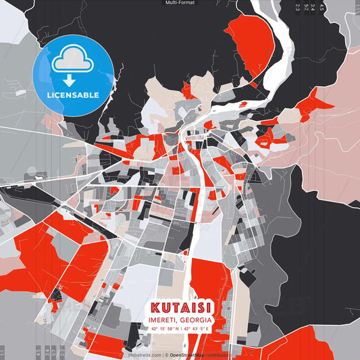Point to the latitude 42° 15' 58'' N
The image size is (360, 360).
click(163, 328)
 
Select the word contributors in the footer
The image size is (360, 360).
click(218, 355)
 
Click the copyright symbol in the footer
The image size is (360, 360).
click(166, 355)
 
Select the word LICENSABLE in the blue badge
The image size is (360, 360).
click(72, 95)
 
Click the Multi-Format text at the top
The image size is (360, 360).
click(179, 3)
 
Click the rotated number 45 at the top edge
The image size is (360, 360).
click(322, 7)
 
